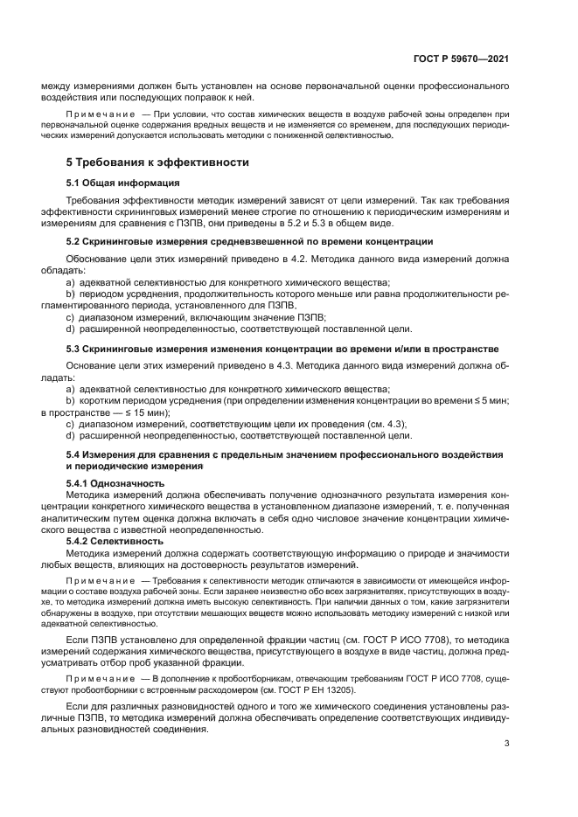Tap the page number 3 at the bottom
(506, 744)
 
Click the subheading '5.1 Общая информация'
(122, 183)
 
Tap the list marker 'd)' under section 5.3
(71, 434)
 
